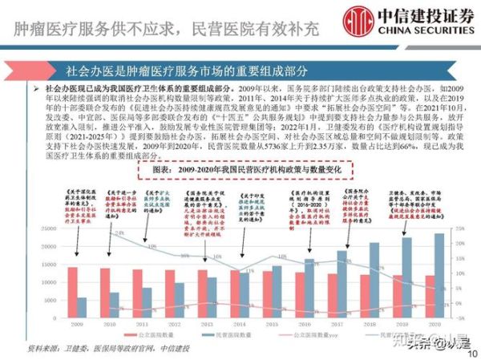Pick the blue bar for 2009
pos(83,308)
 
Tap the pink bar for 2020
pos(428,297)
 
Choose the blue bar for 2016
pos(309,289)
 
